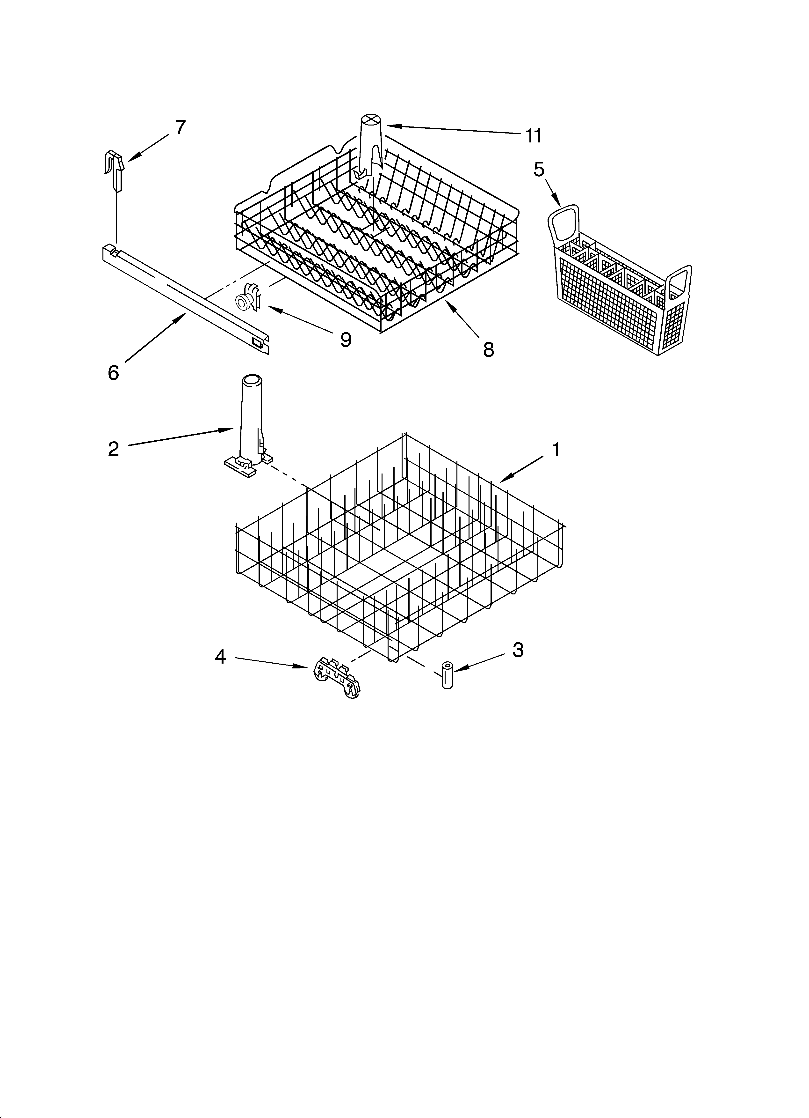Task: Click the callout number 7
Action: click(180, 128)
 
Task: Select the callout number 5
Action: click(539, 170)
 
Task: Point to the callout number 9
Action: click(346, 340)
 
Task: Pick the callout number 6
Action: click(113, 373)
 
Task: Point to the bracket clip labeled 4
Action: click(337, 678)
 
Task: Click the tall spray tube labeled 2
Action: click(250, 424)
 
